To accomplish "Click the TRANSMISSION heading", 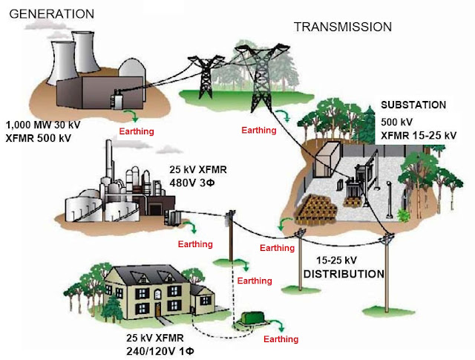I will click(342, 27).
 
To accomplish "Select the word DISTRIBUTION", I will click(343, 274).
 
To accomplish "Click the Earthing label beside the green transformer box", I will click(281, 339).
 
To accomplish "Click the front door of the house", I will click(157, 307).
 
